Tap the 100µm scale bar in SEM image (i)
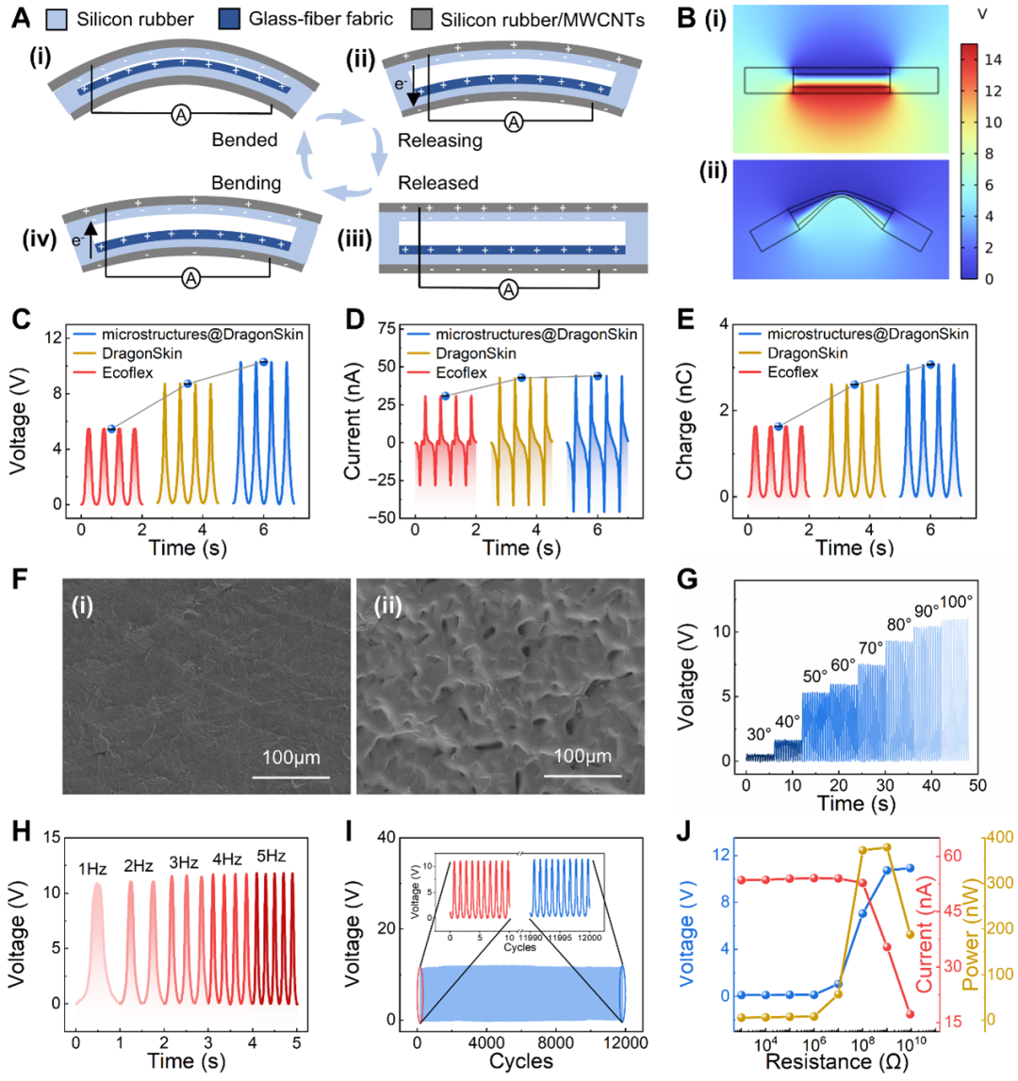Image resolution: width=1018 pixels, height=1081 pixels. [x=290, y=776]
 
